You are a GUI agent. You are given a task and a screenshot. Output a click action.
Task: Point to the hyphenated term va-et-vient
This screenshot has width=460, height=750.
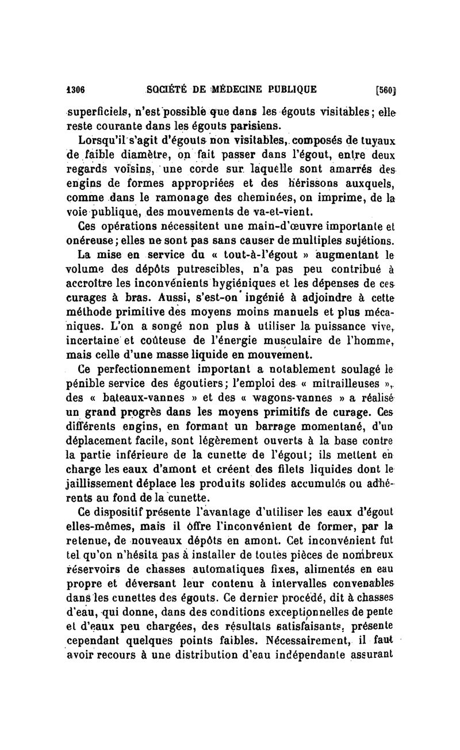tap(281, 211)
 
